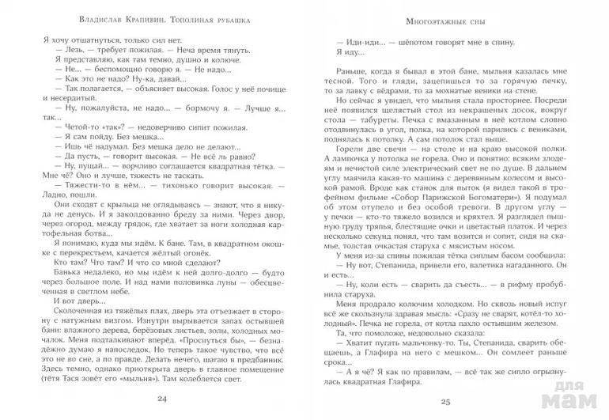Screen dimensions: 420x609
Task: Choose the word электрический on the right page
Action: point(457,188)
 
